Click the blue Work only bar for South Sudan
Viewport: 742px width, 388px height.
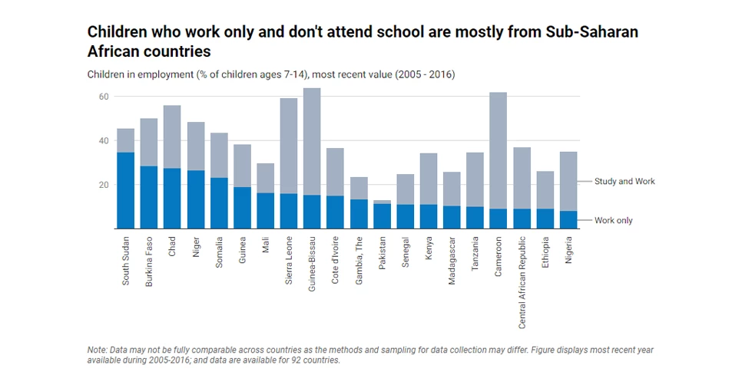click(126, 190)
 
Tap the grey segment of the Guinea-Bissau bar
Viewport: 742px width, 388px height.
click(312, 142)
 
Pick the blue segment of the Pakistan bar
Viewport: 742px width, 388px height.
click(382, 216)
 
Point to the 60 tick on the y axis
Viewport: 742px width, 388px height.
click(103, 97)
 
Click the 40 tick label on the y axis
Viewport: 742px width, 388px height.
click(103, 141)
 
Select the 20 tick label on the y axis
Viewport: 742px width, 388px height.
click(103, 185)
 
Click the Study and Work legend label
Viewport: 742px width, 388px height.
click(624, 182)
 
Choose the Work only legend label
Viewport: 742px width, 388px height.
click(613, 221)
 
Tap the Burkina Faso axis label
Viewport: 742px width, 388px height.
click(149, 261)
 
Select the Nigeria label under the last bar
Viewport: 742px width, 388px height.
click(568, 250)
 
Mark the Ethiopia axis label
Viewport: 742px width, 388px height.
click(545, 252)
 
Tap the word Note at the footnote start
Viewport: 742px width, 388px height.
click(97, 350)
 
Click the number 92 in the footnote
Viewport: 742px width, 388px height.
click(287, 360)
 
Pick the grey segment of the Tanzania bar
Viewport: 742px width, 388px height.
click(475, 179)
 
